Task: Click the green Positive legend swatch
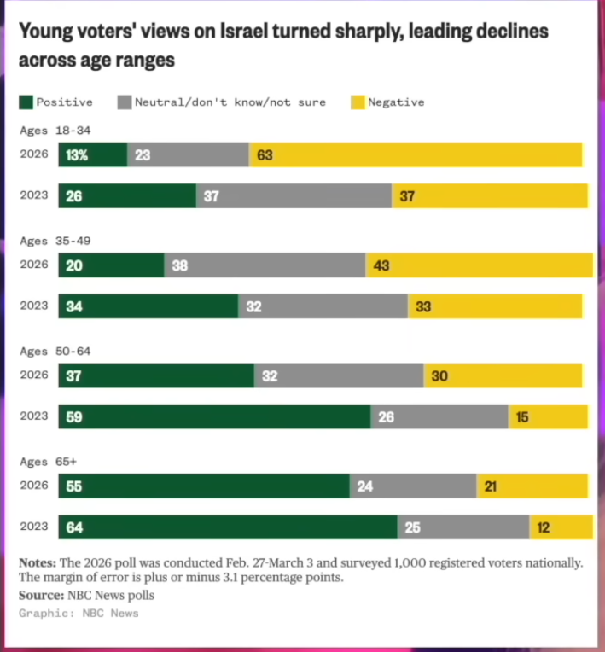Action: click(x=26, y=102)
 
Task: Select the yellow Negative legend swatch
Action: click(x=358, y=102)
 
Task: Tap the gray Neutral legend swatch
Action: click(x=125, y=102)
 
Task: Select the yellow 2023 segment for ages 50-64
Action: click(x=548, y=417)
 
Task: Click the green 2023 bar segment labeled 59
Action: click(x=214, y=417)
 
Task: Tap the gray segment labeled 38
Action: click(x=265, y=265)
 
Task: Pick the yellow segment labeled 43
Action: click(x=479, y=265)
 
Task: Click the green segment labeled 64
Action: click(x=228, y=527)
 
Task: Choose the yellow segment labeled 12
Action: click(x=561, y=527)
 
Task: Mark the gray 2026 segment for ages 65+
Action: click(x=412, y=486)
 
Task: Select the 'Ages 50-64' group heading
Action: click(x=55, y=352)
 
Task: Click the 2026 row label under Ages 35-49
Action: click(x=34, y=265)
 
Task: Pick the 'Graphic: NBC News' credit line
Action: click(x=79, y=613)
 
